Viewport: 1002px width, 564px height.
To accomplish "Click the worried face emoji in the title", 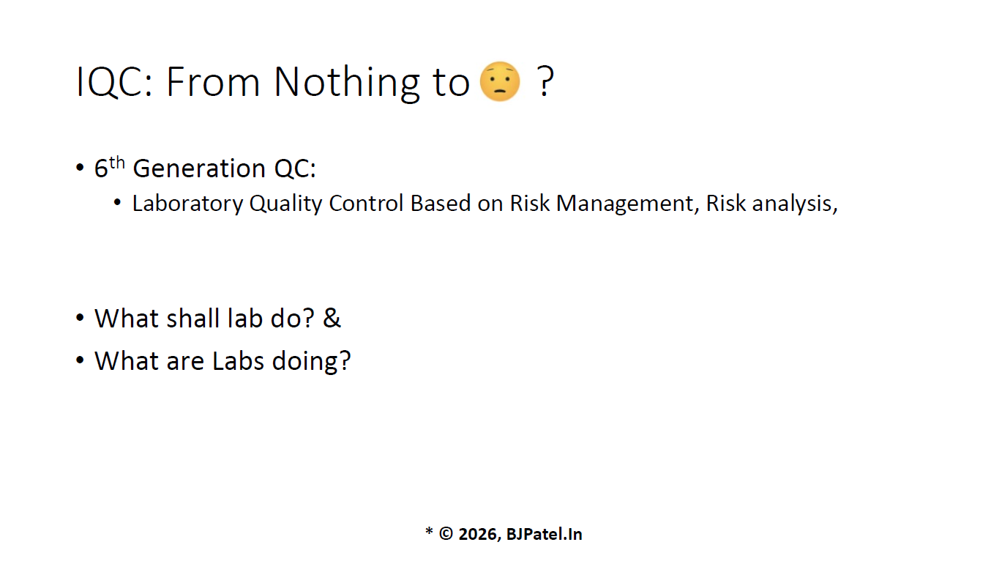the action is (x=500, y=81).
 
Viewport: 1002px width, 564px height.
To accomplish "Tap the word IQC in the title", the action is (x=114, y=82).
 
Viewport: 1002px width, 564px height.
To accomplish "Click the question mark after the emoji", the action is (x=545, y=81).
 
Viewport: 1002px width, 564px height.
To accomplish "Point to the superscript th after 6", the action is (x=117, y=163).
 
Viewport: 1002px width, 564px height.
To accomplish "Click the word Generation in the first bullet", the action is (x=199, y=168).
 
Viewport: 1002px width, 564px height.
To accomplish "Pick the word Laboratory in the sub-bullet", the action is (x=187, y=204).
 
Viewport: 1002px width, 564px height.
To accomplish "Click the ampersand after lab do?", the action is (x=332, y=318).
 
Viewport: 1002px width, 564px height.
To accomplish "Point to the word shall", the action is (x=192, y=318).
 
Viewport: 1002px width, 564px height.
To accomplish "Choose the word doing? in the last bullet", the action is (x=311, y=362).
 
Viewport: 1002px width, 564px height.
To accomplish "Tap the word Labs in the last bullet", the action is (x=238, y=361).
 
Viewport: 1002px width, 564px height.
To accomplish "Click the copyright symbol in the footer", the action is (x=446, y=533).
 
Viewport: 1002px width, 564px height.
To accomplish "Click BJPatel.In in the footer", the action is (x=544, y=534).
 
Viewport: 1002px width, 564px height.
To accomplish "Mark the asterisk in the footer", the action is (x=429, y=531).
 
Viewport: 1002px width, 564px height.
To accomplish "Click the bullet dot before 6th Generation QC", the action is (x=80, y=168).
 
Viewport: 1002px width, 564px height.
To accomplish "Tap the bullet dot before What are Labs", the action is (x=80, y=360).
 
